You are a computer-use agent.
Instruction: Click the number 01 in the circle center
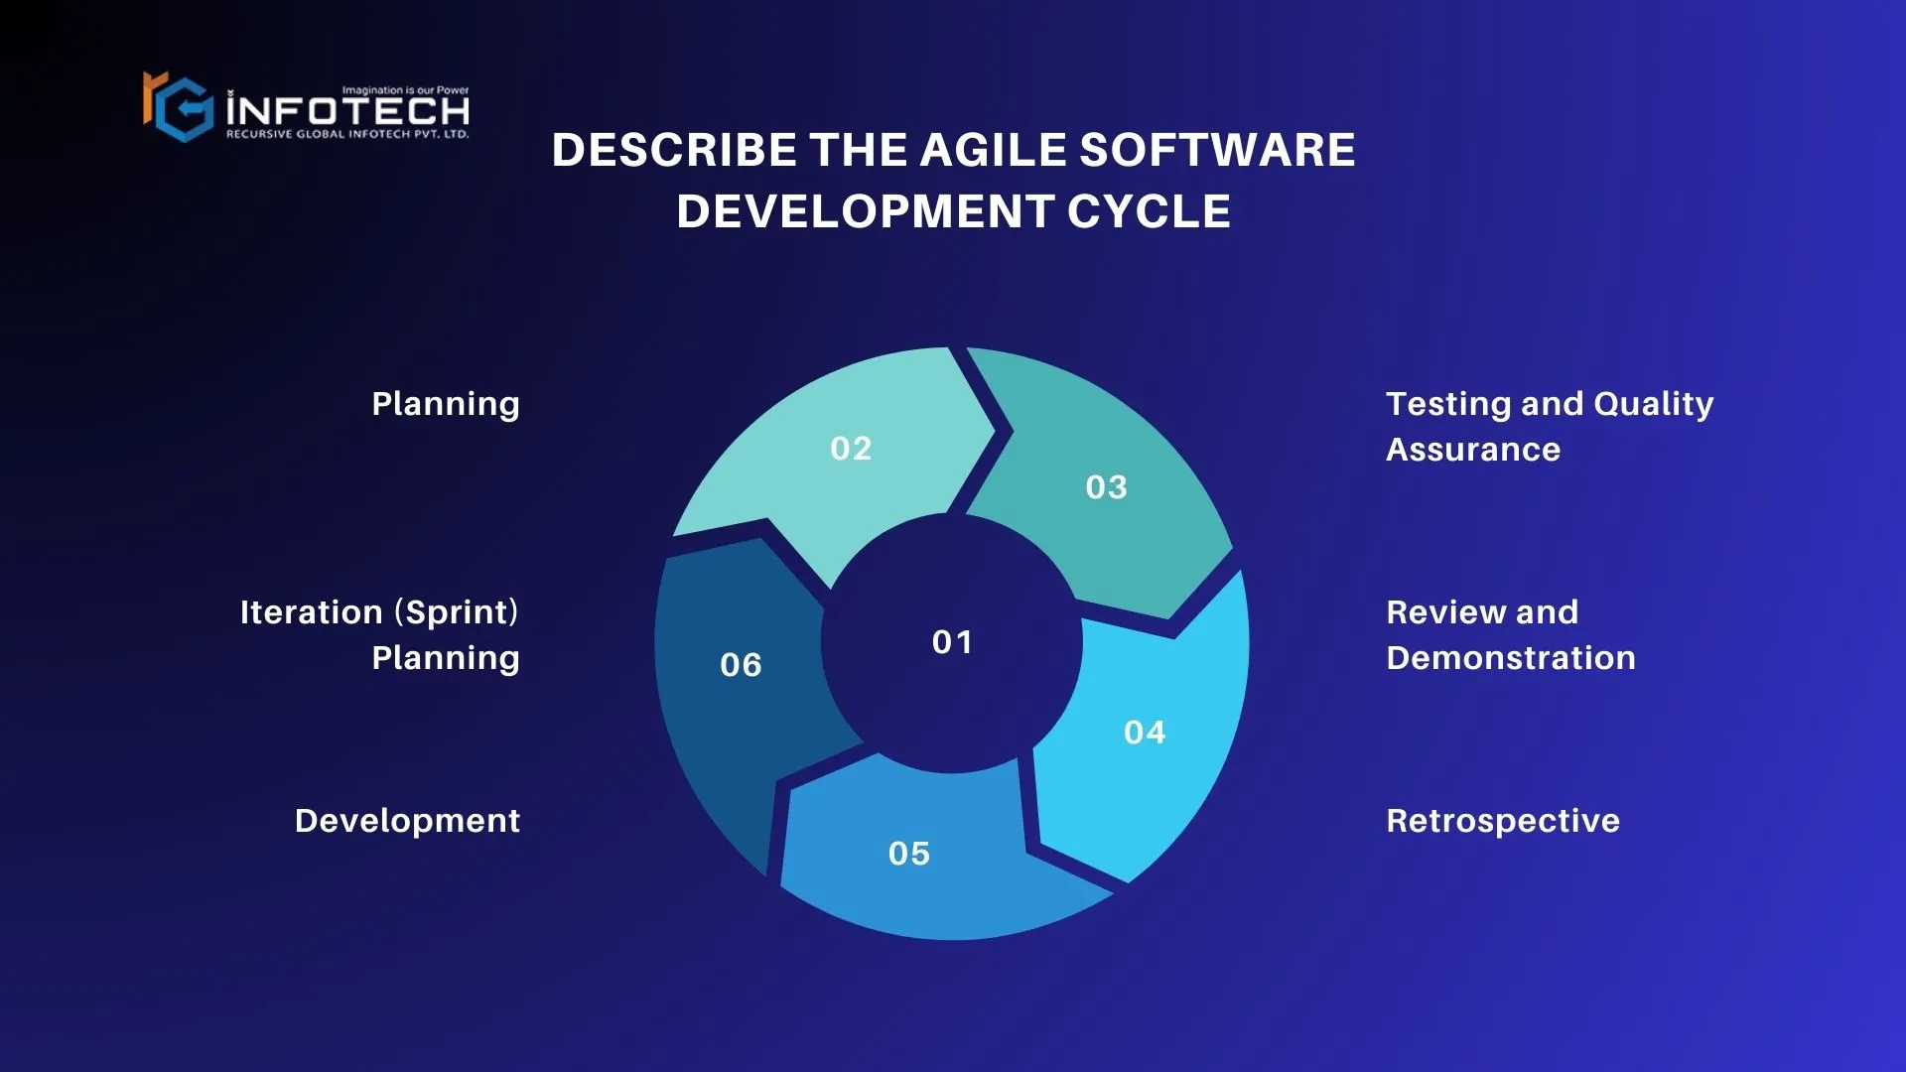click(952, 642)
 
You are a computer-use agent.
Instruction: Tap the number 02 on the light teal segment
click(851, 449)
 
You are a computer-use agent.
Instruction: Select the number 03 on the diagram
click(1106, 487)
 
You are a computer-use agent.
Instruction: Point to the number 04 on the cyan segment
click(1145, 733)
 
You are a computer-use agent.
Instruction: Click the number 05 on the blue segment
click(909, 854)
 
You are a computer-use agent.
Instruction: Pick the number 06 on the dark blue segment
click(741, 665)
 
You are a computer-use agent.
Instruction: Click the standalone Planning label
click(446, 405)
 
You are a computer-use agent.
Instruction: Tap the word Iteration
click(312, 612)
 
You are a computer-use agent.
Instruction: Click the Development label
click(407, 821)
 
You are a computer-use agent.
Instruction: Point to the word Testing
click(1448, 405)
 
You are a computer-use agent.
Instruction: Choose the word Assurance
click(1473, 450)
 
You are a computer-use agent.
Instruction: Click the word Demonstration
click(1511, 658)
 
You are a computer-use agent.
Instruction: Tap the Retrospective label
click(1503, 822)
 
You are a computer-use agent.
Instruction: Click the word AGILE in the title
click(993, 151)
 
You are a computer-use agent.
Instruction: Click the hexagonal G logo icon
click(179, 106)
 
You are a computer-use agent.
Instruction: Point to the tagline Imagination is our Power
click(405, 90)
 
